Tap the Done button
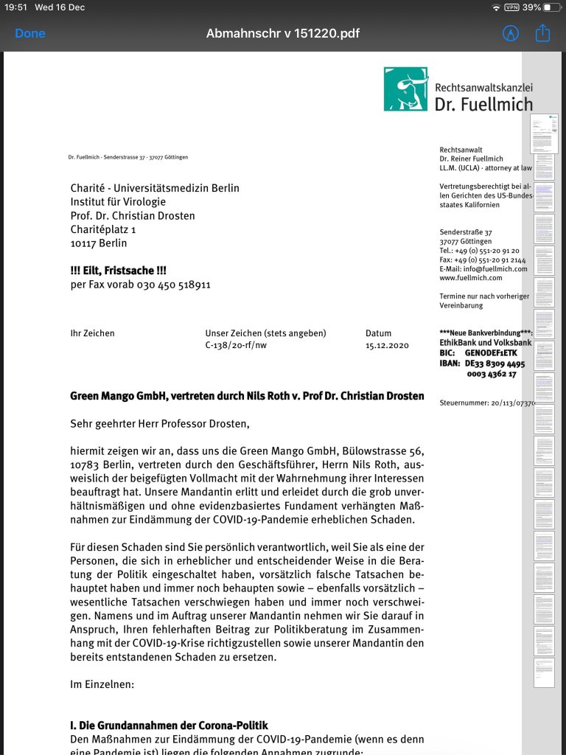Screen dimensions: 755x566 (30, 33)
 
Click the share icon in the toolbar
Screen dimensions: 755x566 (543, 33)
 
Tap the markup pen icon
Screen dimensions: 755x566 (510, 33)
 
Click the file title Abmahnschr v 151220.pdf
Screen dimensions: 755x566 (283, 33)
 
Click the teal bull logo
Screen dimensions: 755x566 (406, 89)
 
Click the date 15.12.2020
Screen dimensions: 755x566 (387, 345)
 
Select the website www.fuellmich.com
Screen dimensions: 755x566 (471, 278)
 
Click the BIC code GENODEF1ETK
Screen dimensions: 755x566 (491, 352)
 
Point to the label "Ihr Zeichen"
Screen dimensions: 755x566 (92, 333)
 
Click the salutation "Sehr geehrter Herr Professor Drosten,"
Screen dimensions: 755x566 (160, 424)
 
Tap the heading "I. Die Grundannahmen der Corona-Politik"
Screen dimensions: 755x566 (169, 726)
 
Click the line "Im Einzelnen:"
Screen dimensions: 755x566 (102, 684)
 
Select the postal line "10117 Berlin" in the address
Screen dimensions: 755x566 (99, 243)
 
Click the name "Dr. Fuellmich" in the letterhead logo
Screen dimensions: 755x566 (483, 104)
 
